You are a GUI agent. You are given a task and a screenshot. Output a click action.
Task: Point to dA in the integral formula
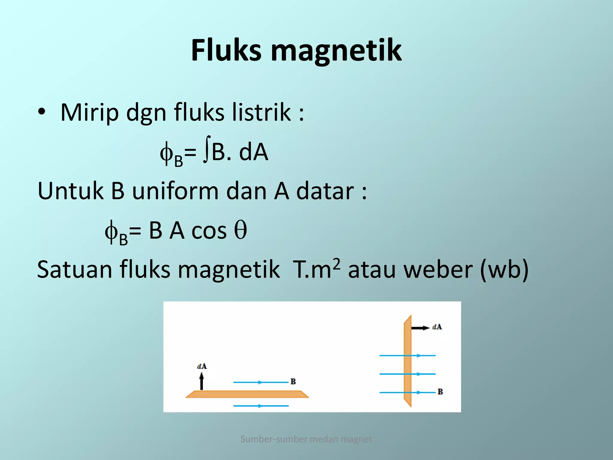(x=253, y=152)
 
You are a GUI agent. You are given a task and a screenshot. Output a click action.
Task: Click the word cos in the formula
(x=209, y=231)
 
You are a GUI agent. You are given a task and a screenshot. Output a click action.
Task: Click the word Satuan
(x=75, y=270)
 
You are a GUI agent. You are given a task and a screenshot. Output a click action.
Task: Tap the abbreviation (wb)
(x=504, y=270)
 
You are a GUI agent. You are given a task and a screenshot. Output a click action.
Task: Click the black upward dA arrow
(x=201, y=381)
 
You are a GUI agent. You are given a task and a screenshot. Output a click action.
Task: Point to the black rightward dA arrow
(x=420, y=328)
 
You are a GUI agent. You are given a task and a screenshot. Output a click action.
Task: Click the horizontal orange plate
(x=247, y=394)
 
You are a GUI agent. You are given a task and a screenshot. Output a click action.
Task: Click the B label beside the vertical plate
(x=440, y=392)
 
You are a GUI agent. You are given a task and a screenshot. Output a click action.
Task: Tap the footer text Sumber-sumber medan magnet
(x=306, y=439)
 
